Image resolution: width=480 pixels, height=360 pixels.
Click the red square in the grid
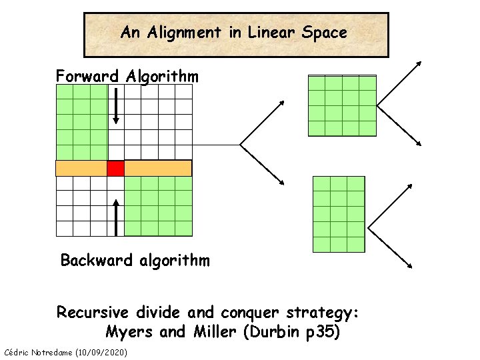point(116,168)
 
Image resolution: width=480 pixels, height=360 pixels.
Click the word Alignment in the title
point(181,32)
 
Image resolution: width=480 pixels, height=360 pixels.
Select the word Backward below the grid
point(97,260)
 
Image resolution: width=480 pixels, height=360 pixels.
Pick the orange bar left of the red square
point(81,168)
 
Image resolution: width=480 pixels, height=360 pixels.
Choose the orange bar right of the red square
point(158,168)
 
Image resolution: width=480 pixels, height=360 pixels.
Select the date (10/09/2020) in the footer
point(102,351)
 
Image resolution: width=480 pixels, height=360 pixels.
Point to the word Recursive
point(94,312)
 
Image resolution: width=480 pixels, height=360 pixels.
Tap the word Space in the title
point(324,32)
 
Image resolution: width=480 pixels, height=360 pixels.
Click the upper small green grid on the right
point(342,105)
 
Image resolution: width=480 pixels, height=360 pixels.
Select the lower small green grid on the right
point(339,214)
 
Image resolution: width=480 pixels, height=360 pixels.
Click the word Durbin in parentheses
point(273,331)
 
